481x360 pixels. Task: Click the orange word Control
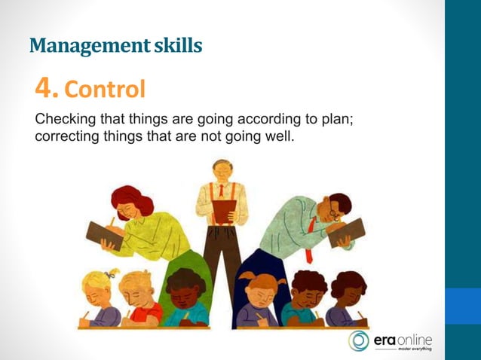coord(105,90)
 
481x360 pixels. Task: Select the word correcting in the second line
coord(66,137)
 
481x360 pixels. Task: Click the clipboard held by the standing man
coord(222,212)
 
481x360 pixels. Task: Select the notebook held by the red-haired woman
coord(103,234)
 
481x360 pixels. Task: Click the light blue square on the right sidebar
coord(462,306)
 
